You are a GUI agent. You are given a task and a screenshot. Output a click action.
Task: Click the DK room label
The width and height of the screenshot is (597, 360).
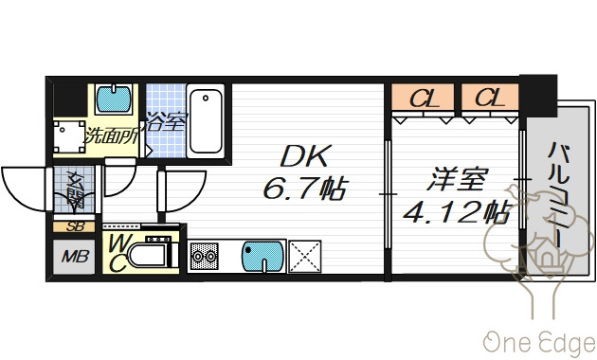(x=301, y=157)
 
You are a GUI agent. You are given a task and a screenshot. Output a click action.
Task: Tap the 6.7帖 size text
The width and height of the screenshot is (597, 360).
(x=302, y=189)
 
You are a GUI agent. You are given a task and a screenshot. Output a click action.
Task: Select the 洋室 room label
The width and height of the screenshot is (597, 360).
(x=450, y=177)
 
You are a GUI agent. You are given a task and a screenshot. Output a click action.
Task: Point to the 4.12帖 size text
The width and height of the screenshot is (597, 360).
(x=456, y=210)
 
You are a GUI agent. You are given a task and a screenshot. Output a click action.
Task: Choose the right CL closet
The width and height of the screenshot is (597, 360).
(x=489, y=98)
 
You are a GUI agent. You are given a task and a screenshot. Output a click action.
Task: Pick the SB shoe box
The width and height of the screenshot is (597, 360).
(x=74, y=226)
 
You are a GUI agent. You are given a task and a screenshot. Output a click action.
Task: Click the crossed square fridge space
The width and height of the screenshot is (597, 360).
(x=305, y=257)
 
